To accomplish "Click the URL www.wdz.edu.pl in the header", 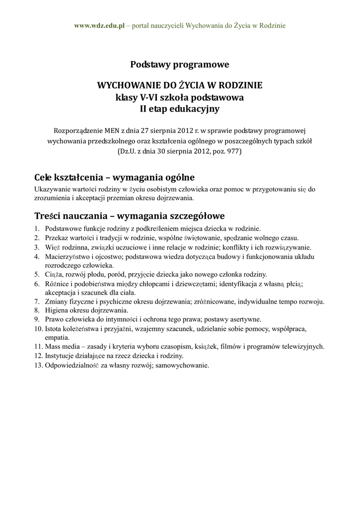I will (x=99, y=25).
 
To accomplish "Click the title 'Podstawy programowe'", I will (x=179, y=64).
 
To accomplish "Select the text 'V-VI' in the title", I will (x=142, y=97).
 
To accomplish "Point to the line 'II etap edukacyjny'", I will (x=179, y=109).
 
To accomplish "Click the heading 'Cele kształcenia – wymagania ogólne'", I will (x=114, y=177).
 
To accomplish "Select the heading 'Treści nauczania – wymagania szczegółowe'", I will (x=130, y=216).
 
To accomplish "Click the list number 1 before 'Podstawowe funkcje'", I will (x=37, y=229).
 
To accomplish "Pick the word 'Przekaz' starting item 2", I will (x=57, y=238).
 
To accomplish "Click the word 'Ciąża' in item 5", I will (x=54, y=274).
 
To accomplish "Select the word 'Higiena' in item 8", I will (x=57, y=310).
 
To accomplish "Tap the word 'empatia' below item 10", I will (x=56, y=337).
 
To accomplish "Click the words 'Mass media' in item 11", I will (x=61, y=346).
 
